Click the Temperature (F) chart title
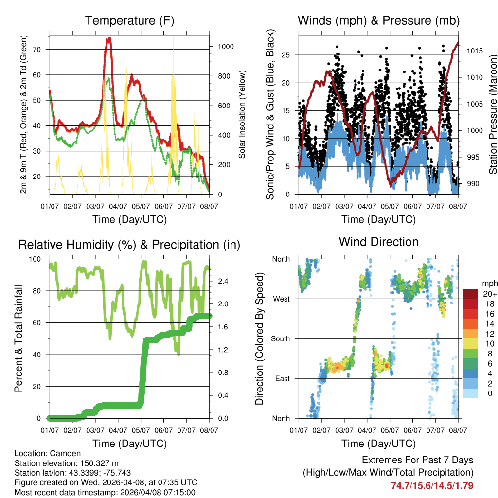tap(129, 20)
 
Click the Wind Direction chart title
tap(378, 242)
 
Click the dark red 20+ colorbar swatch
tap(470, 293)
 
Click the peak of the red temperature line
tap(109, 38)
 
